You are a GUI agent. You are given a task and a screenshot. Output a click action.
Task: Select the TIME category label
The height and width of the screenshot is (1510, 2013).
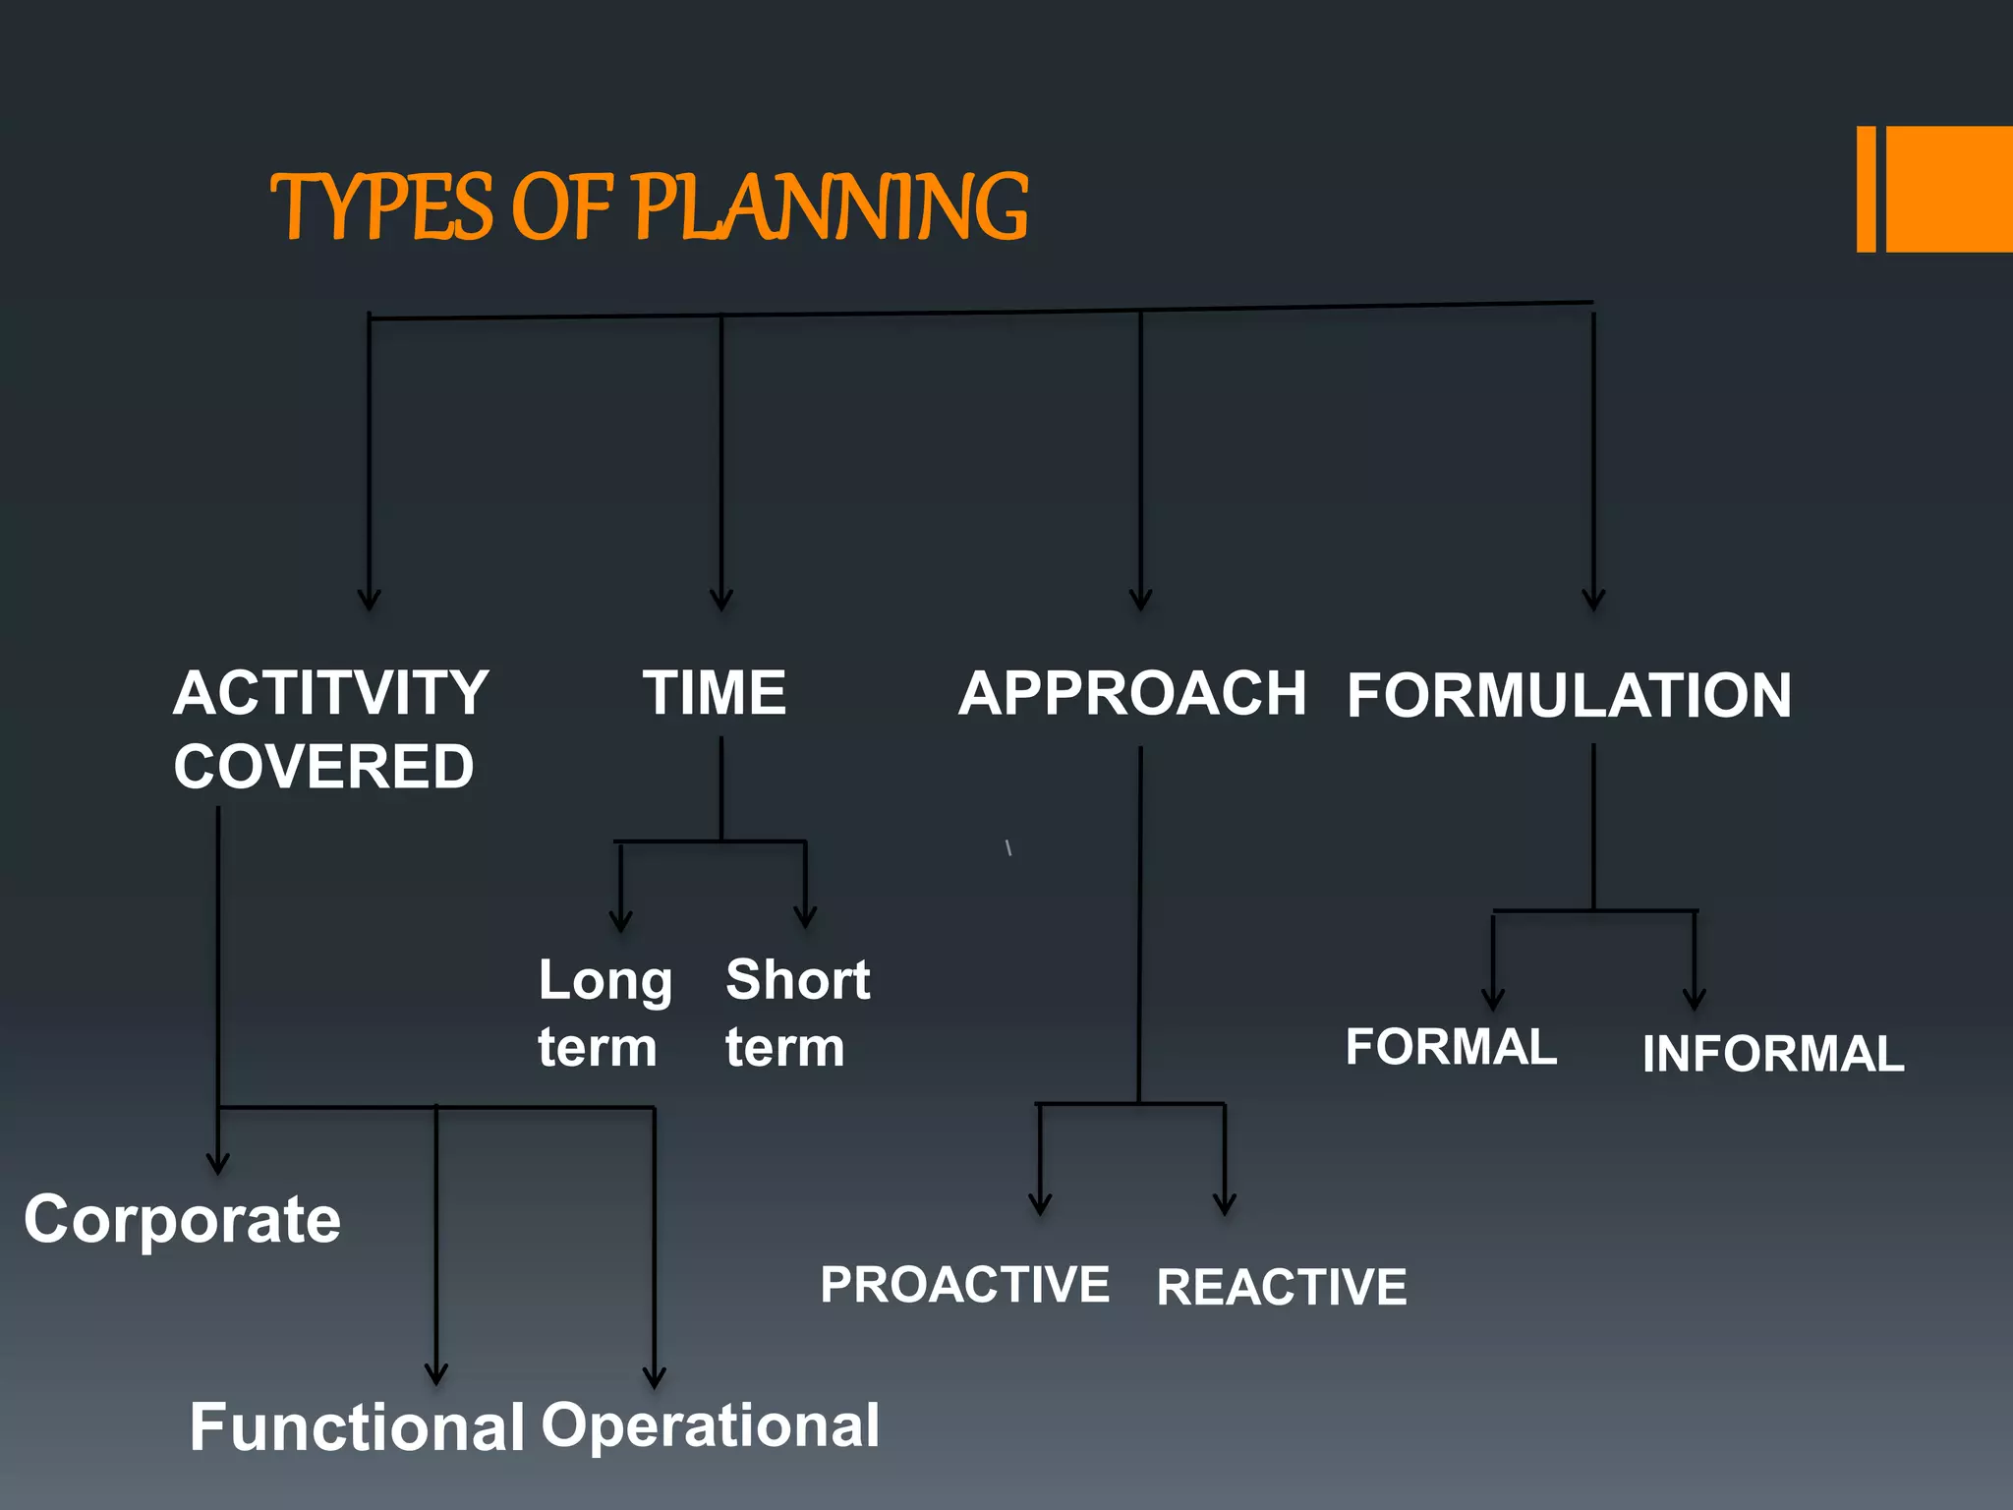pyautogui.click(x=715, y=693)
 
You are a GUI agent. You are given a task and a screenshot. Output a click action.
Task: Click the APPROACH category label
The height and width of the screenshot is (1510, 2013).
pyautogui.click(x=1132, y=693)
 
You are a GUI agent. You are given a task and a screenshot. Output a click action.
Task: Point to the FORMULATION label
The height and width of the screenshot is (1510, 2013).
pyautogui.click(x=1569, y=696)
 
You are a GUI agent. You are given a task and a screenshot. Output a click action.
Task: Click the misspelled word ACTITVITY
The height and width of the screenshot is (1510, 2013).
pyautogui.click(x=330, y=693)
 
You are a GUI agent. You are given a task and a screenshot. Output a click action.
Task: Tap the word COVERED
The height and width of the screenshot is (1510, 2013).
pyautogui.click(x=323, y=767)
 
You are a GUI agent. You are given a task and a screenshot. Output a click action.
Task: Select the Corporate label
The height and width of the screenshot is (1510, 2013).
pyautogui.click(x=183, y=1220)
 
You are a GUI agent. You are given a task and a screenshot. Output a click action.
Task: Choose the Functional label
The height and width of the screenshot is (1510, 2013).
pyautogui.click(x=357, y=1427)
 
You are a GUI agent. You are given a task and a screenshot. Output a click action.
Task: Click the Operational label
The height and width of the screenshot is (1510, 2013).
pyautogui.click(x=710, y=1425)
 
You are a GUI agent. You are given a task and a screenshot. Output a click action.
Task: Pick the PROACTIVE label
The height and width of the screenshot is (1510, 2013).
pyautogui.click(x=965, y=1285)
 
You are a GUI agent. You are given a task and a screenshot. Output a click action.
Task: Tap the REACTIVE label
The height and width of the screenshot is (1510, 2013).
pyautogui.click(x=1282, y=1288)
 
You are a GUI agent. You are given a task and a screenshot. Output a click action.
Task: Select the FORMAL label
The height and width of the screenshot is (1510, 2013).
pyautogui.click(x=1451, y=1047)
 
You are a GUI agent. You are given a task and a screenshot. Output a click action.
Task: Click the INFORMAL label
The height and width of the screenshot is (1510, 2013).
pyautogui.click(x=1773, y=1054)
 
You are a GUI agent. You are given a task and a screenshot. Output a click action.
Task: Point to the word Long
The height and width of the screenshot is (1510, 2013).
pyautogui.click(x=605, y=981)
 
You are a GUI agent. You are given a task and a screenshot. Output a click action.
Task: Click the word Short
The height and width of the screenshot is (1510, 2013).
pyautogui.click(x=797, y=980)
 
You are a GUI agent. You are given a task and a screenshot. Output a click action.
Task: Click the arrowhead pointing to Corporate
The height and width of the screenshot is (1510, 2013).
pyautogui.click(x=218, y=1164)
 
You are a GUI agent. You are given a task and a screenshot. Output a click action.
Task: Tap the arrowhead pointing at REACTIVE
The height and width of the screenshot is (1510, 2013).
pyautogui.click(x=1225, y=1204)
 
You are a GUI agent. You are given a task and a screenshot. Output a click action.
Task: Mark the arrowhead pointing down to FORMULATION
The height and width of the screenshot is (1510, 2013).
pyautogui.click(x=1593, y=599)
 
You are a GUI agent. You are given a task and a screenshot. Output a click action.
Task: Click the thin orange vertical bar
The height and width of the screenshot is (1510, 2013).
pyautogui.click(x=1866, y=189)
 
